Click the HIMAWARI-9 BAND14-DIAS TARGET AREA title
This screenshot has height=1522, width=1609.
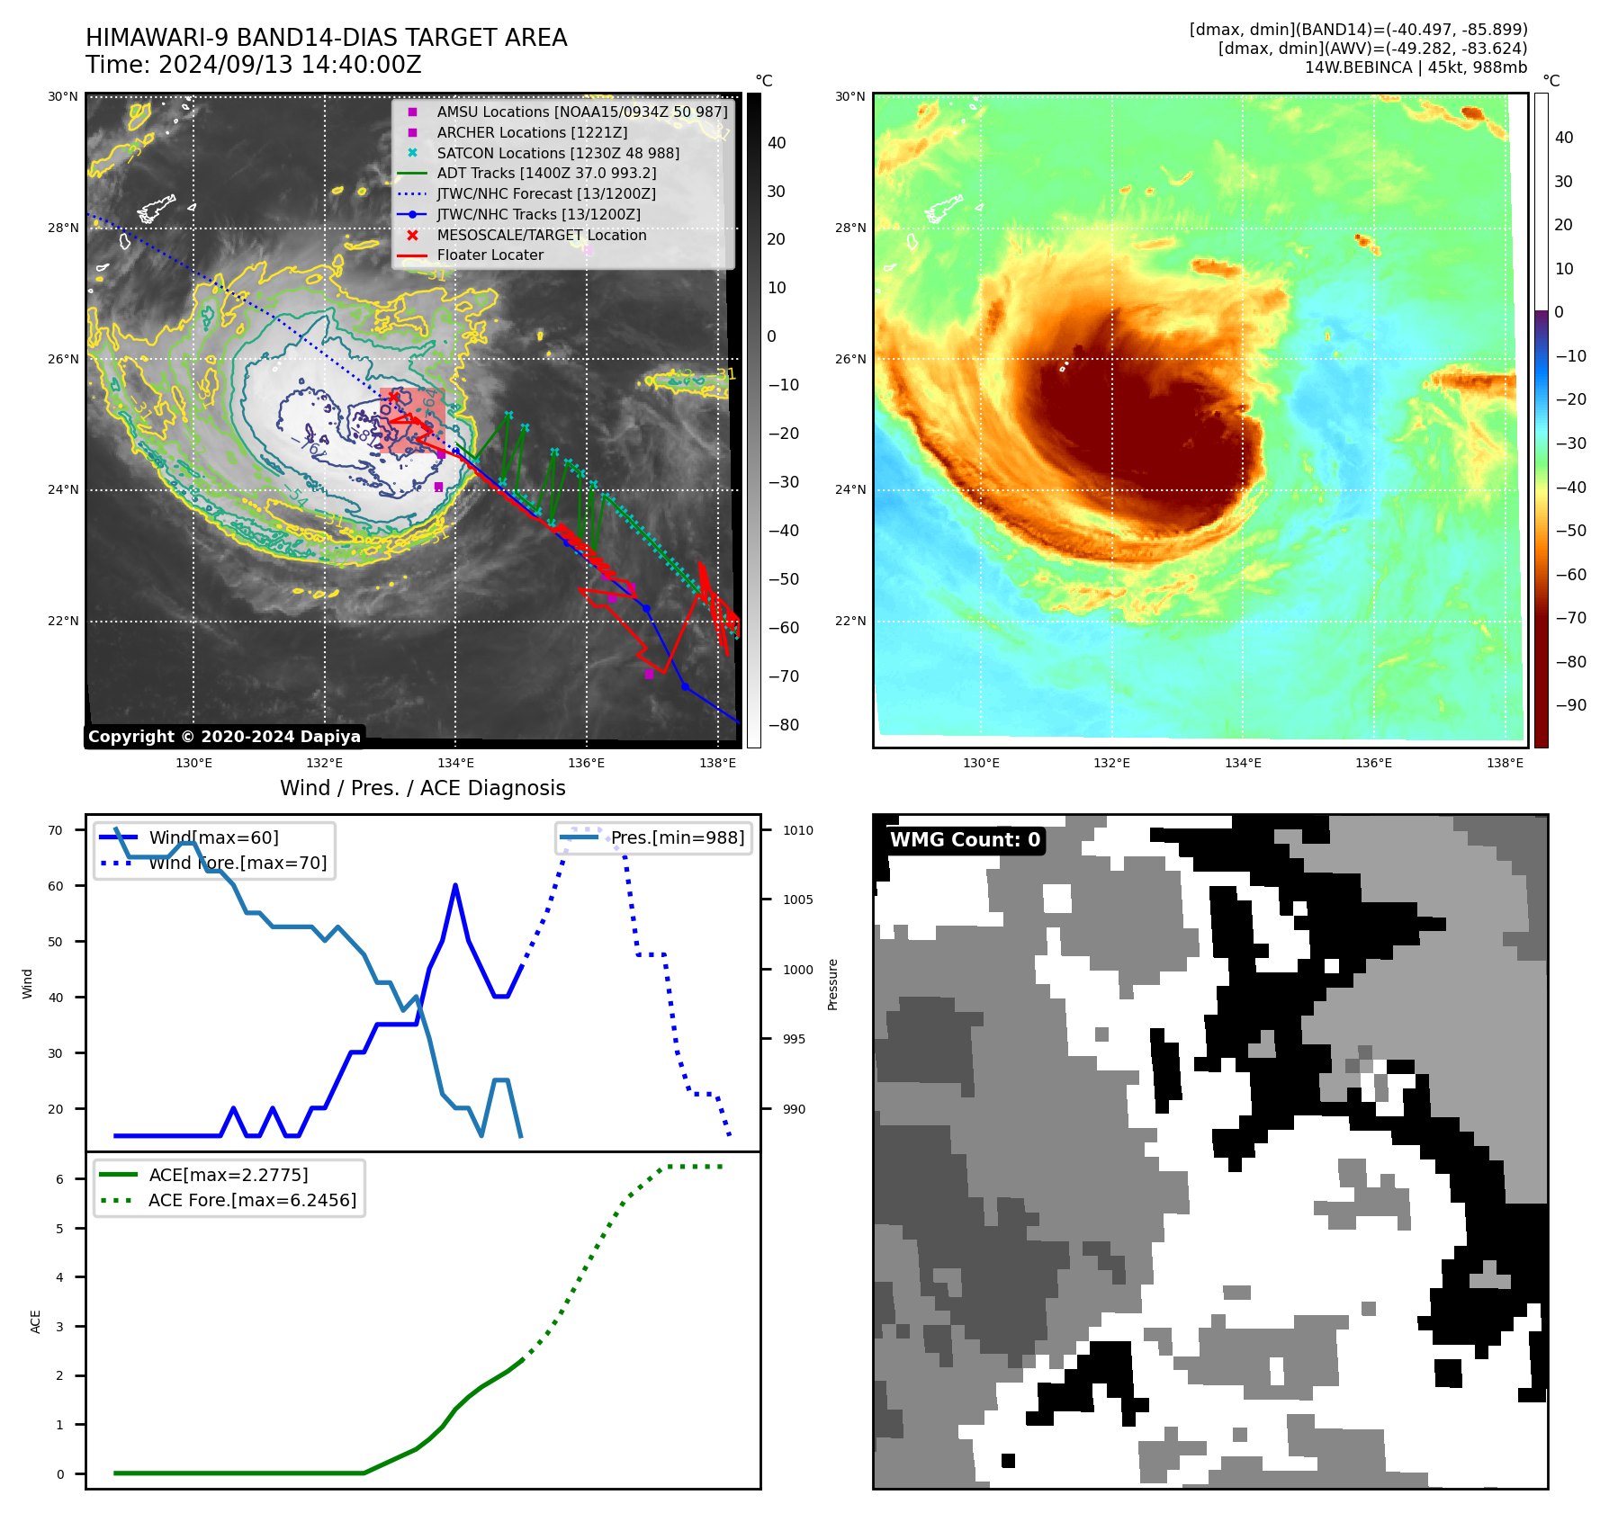[326, 38]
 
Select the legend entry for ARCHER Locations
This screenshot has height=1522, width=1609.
[532, 132]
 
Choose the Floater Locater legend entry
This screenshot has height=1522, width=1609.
[490, 255]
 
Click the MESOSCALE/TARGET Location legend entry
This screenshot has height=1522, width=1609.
[541, 235]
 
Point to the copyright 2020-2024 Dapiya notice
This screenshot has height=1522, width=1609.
[224, 737]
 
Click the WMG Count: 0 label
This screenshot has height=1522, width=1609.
[965, 840]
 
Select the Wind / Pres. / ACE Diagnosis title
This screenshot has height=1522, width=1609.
[422, 788]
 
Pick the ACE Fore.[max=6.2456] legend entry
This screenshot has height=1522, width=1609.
[252, 1200]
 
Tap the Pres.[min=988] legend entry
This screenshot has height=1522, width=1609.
[677, 838]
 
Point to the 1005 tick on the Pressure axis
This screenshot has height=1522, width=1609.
[797, 900]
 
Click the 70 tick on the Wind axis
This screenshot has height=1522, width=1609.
[56, 830]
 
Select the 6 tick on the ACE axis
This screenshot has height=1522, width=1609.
[60, 1179]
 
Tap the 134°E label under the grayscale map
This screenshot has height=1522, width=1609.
[455, 764]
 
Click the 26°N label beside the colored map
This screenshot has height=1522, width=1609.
[850, 359]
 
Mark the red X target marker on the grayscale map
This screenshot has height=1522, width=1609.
[393, 397]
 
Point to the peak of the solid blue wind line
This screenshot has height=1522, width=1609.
[455, 886]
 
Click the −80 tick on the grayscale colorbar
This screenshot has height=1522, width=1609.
[783, 725]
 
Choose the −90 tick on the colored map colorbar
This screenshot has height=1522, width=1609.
[1570, 705]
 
